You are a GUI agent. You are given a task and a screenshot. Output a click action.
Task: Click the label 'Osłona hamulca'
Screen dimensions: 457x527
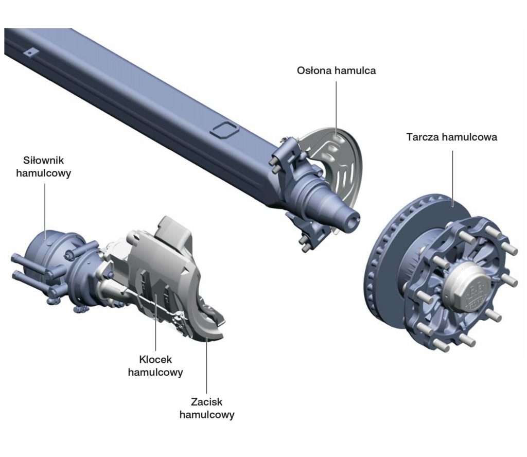(x=336, y=71)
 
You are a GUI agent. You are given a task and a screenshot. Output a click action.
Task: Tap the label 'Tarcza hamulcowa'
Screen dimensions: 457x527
(x=451, y=137)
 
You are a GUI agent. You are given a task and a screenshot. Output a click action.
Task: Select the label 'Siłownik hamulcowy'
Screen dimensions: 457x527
(x=44, y=166)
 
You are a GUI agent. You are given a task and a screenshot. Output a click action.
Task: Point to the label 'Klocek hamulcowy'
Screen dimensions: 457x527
(x=155, y=365)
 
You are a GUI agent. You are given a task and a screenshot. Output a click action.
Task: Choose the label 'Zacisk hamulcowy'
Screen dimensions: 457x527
(x=207, y=408)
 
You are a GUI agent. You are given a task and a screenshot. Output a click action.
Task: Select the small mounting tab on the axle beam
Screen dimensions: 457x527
(x=30, y=52)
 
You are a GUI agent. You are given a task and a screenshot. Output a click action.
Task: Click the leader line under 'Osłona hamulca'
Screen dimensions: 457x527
(x=336, y=108)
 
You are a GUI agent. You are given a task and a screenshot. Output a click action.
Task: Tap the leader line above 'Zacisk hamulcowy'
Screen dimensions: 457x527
(x=206, y=365)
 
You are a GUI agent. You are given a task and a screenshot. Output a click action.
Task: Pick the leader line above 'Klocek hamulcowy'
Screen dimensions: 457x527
(x=155, y=324)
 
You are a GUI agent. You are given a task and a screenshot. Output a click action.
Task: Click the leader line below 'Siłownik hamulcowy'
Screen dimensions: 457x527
(x=45, y=211)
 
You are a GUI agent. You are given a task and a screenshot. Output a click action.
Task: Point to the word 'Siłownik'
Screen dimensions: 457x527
(x=44, y=160)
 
